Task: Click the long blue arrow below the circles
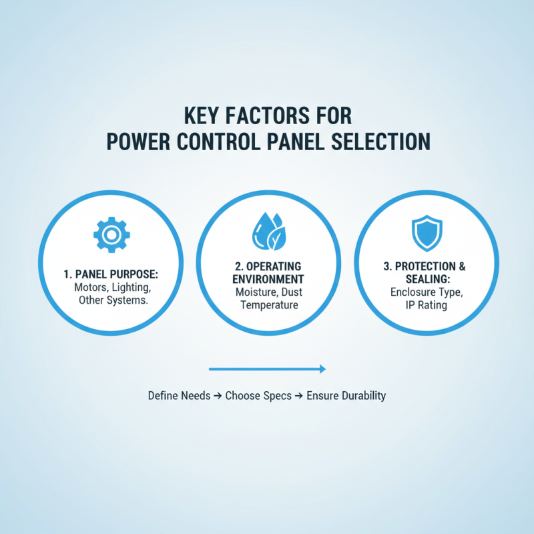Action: coord(267,368)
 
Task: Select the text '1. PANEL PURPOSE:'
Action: coord(111,274)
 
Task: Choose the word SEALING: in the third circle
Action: coord(425,279)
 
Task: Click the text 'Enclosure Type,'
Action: coord(425,292)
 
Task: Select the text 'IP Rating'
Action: coord(425,306)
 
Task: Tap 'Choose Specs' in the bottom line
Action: coord(258,396)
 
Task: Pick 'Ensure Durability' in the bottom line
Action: coord(346,396)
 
